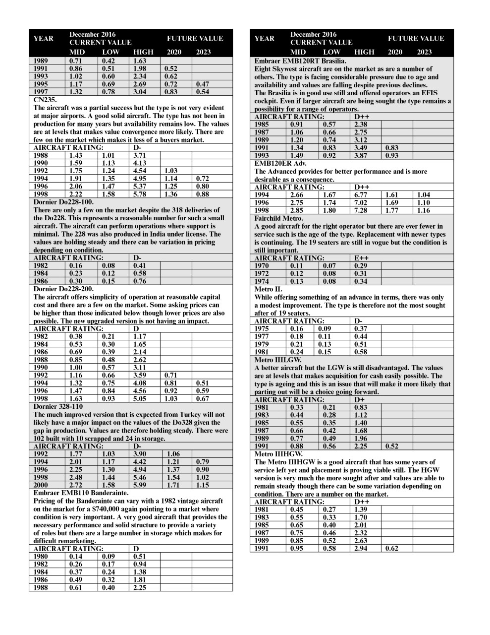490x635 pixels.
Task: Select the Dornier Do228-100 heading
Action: [63, 202]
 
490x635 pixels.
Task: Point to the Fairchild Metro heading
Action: [278, 218]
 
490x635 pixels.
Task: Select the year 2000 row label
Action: [41, 485]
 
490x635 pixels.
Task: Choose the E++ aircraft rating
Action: [362, 258]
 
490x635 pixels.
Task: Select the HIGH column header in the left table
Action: [143, 52]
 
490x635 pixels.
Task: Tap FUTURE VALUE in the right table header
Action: [416, 38]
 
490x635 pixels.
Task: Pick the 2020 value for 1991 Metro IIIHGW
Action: [391, 549]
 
